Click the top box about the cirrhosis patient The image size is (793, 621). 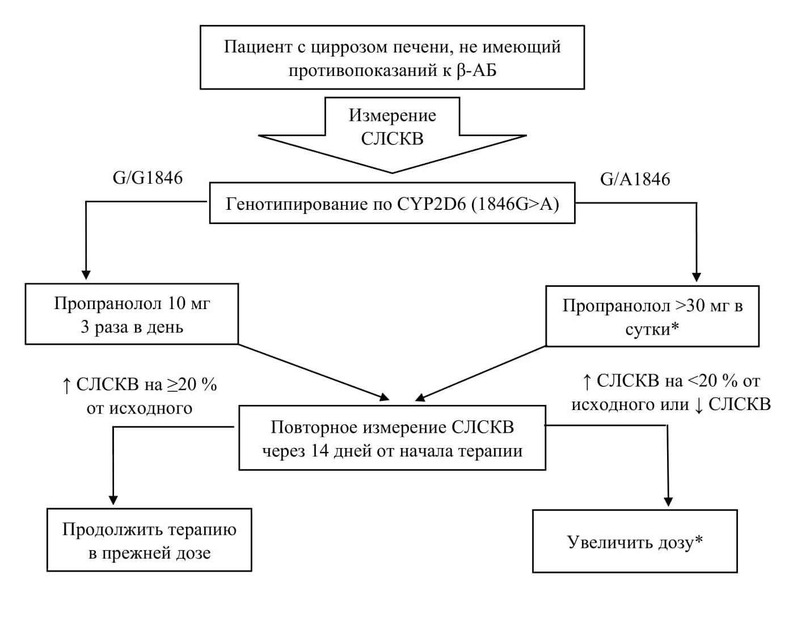point(392,57)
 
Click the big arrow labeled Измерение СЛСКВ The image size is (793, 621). point(392,136)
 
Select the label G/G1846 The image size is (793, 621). point(147,178)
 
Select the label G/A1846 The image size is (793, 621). point(635,179)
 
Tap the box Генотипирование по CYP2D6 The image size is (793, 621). point(392,203)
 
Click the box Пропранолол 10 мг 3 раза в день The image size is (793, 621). point(132,314)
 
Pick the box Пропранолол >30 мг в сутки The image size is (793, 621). point(652,316)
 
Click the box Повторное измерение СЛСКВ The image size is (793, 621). point(392,438)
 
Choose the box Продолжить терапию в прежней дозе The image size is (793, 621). point(149,540)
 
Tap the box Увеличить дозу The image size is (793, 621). point(635,542)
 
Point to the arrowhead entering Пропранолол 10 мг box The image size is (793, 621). point(86,274)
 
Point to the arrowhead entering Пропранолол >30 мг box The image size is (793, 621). point(697,277)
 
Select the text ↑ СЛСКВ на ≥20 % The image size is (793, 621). point(140,385)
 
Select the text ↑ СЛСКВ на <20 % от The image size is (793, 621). point(670,381)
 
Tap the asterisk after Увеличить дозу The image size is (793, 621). point(699,540)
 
